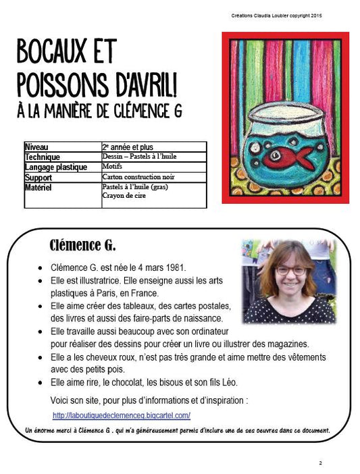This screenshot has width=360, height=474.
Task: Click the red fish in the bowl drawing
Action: (288, 157)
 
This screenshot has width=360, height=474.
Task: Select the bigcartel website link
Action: (121, 415)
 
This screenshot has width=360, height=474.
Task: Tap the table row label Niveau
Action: (36, 147)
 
